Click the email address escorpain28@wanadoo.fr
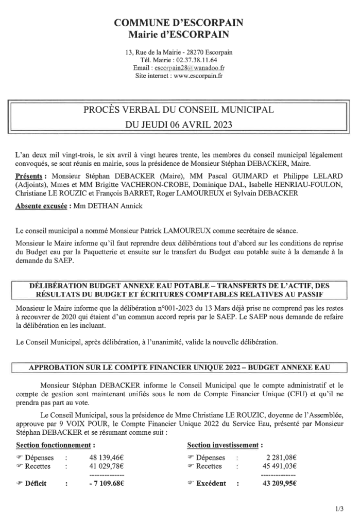[188, 67]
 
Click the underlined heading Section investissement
[225, 444]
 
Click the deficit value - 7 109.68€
[107, 483]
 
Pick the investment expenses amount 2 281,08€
[281, 458]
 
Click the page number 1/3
[339, 510]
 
